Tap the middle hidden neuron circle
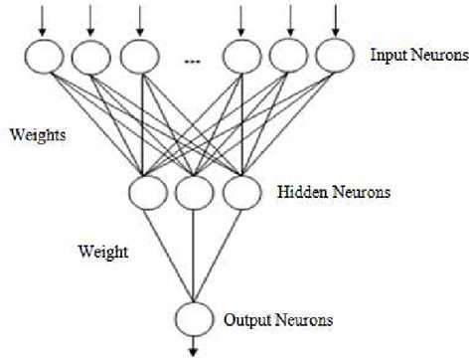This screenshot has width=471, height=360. point(193,192)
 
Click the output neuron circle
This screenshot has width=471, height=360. point(193,320)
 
